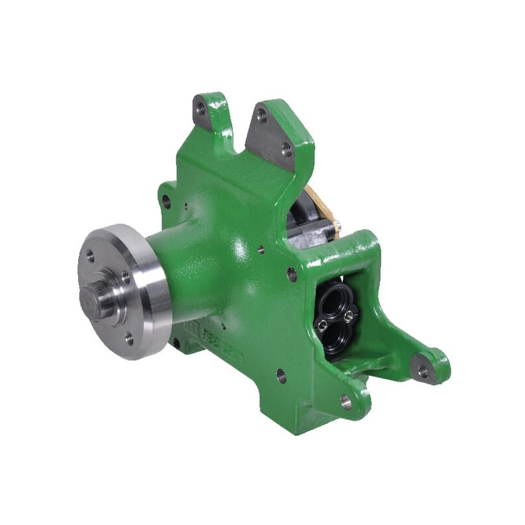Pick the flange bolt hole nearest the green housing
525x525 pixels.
click(125, 277)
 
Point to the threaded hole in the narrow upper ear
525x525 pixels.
click(200, 109)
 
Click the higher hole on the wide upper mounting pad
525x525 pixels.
click(262, 116)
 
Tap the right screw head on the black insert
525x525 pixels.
click(348, 317)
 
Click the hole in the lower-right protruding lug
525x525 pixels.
click(423, 371)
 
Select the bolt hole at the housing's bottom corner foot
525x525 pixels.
click(345, 401)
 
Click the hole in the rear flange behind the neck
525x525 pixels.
click(167, 202)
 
